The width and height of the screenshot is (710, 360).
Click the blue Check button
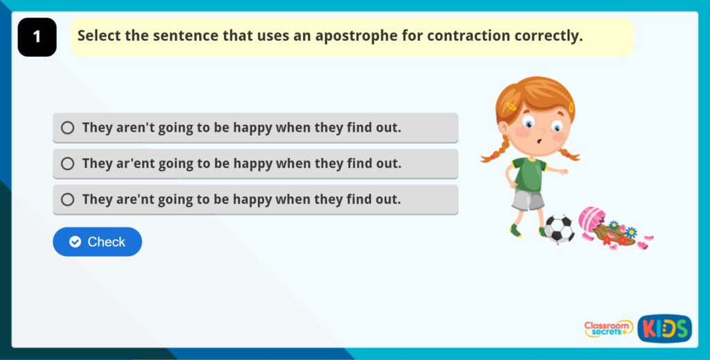pos(97,241)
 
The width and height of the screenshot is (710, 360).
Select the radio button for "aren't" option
pos(67,128)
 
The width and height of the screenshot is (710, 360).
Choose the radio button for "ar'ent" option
pos(67,164)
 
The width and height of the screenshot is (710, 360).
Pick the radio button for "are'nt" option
pos(67,200)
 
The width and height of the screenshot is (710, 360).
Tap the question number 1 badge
pos(37,37)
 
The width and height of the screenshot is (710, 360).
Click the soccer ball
pos(559,228)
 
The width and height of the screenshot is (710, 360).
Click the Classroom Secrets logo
pos(608,328)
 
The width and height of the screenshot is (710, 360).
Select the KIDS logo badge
pos(664,328)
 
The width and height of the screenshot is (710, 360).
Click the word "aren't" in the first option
pos(136,128)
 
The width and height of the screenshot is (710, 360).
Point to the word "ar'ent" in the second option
pos(136,164)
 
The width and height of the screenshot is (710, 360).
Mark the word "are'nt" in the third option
pos(136,200)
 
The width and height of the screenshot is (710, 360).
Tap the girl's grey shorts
pos(528,200)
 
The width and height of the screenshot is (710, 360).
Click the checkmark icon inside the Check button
pos(76,242)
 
